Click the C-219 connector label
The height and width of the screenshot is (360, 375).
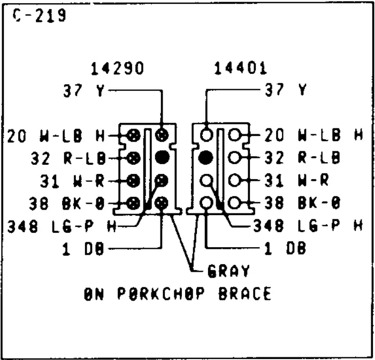coord(39,16)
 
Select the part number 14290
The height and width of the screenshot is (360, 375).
coord(117,68)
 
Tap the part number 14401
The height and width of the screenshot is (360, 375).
coord(240,68)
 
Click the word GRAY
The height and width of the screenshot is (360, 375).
coord(228,271)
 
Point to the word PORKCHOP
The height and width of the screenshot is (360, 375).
coord(161,293)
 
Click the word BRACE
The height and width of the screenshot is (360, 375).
coord(245,293)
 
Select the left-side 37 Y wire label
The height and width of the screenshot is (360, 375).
coord(84,90)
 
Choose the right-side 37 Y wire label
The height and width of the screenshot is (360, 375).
coord(286,90)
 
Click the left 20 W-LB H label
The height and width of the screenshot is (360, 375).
coord(56,136)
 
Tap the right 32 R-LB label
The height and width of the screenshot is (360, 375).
coord(302,158)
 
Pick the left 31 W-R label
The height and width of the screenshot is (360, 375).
coord(72,181)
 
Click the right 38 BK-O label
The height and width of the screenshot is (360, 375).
coord(302,203)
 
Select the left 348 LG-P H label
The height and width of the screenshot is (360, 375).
coord(62,226)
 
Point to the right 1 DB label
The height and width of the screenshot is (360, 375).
coord(285,248)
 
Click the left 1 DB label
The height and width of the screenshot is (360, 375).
coord(83,249)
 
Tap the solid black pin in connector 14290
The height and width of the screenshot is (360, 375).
coord(162,157)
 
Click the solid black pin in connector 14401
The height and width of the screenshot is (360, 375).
coord(205,158)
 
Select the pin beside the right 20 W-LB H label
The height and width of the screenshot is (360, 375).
coord(234,135)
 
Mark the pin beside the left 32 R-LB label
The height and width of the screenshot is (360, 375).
coord(133,158)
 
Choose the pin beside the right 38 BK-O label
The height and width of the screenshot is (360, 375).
coord(234,203)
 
